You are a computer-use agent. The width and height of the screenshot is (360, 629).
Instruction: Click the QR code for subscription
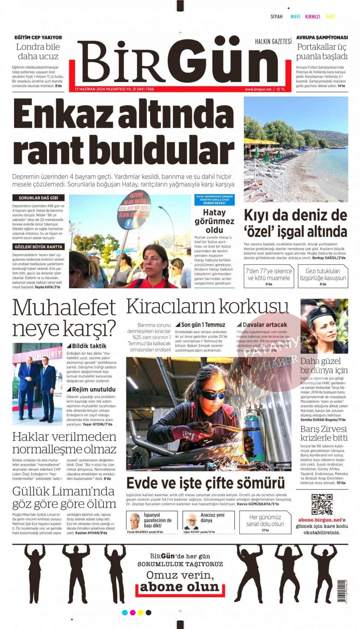(x=322, y=504)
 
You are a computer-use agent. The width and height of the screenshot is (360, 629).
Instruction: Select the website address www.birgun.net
(x=258, y=89)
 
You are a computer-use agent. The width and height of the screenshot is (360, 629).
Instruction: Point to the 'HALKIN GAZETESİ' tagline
(x=273, y=41)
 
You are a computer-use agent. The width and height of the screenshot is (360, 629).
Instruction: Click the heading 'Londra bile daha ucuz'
(x=38, y=51)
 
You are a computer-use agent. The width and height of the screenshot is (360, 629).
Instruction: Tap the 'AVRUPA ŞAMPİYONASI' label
(x=322, y=37)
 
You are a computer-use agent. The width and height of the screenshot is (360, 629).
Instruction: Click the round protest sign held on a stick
(x=134, y=210)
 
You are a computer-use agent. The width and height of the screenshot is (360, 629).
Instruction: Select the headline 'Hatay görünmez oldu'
(x=214, y=221)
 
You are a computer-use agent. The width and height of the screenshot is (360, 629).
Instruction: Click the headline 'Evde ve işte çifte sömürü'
(x=205, y=483)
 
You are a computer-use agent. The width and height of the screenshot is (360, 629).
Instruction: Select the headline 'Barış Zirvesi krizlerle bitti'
(x=324, y=433)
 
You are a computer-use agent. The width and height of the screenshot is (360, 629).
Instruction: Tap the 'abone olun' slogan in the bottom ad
(x=179, y=587)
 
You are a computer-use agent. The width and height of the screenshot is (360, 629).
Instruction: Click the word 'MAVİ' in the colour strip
(x=295, y=17)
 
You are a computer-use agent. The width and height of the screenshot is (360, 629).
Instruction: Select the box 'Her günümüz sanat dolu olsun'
(x=265, y=522)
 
